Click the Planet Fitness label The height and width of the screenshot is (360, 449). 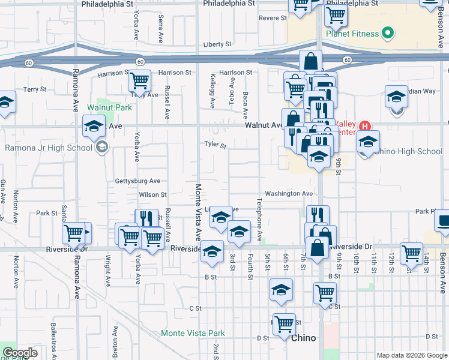coord(352,34)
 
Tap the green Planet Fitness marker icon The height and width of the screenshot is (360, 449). coord(388,33)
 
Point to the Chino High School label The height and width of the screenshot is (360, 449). coord(410,151)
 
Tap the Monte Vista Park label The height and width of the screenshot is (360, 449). coord(193,333)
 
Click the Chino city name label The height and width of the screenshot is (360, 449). coord(303,338)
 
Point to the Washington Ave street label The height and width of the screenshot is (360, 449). coord(289,194)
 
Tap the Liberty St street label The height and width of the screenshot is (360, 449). coord(217,44)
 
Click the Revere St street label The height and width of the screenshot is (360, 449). coord(273,18)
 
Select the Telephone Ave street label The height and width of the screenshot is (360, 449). coord(261,220)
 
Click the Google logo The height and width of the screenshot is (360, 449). coord(20,353)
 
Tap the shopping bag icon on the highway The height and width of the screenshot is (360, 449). coord(311,60)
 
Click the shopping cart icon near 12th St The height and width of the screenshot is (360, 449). coord(411,253)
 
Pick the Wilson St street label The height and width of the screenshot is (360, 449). coord(152,194)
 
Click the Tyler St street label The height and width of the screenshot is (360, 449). coord(215,145)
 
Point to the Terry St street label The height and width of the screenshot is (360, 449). coord(34,89)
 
